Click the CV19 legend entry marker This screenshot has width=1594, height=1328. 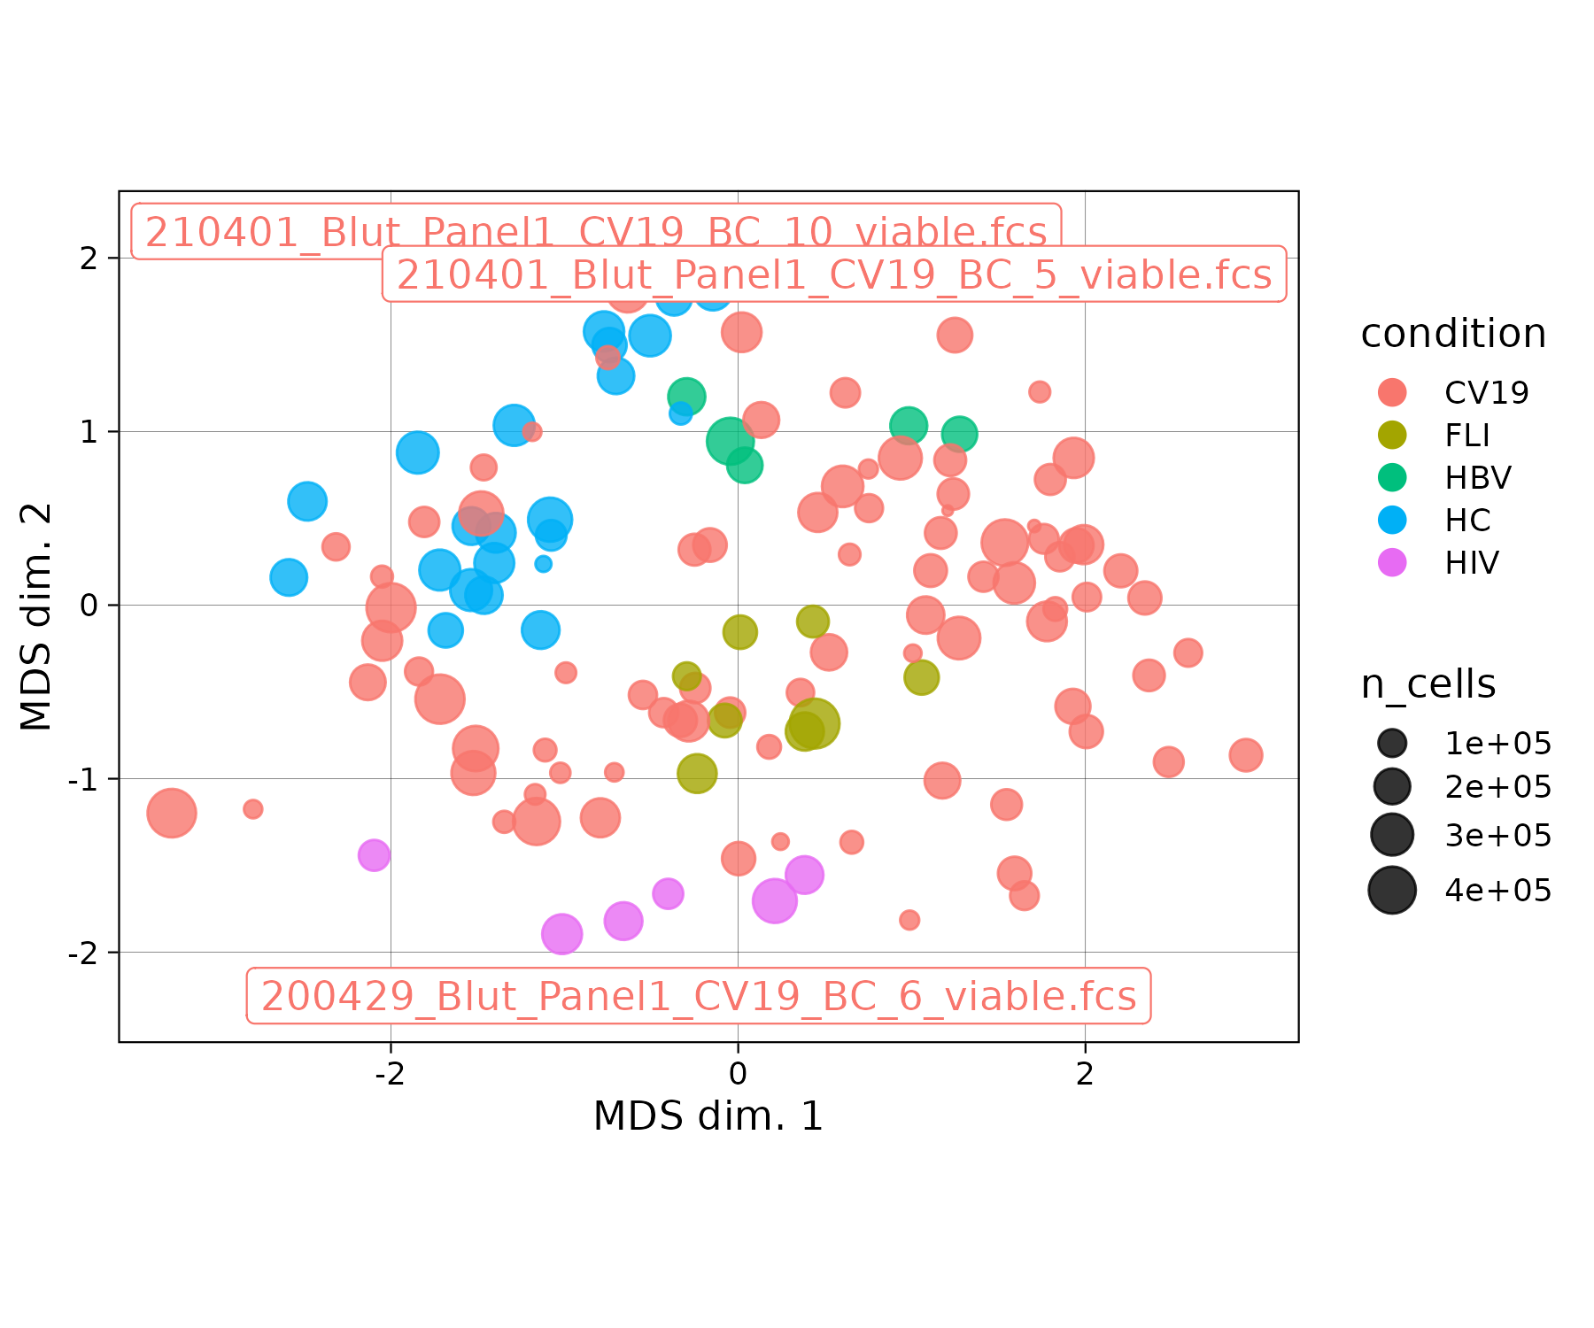point(1392,392)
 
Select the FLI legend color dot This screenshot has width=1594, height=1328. point(1392,435)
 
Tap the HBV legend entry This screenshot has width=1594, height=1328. point(1392,477)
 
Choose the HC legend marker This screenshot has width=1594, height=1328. point(1392,520)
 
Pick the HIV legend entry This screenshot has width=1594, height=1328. point(1392,562)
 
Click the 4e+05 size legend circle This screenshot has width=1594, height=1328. point(1392,890)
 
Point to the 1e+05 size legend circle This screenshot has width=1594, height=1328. point(1392,743)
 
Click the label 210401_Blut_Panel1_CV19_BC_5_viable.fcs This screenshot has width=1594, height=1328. point(833,274)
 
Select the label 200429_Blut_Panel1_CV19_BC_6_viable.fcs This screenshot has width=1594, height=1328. point(698,996)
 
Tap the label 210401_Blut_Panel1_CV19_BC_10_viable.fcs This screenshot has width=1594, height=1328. point(596,232)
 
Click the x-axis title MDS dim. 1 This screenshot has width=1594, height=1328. point(708,1116)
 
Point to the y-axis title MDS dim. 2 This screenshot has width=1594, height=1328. point(36,617)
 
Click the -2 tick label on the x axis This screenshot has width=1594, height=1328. point(390,1074)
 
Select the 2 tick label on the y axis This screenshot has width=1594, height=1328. point(89,259)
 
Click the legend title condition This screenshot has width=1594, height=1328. point(1453,334)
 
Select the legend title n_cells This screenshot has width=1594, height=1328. point(1428,684)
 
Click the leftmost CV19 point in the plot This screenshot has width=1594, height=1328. point(171,813)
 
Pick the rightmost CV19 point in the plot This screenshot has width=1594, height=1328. point(1245,755)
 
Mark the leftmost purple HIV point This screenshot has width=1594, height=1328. point(374,855)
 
